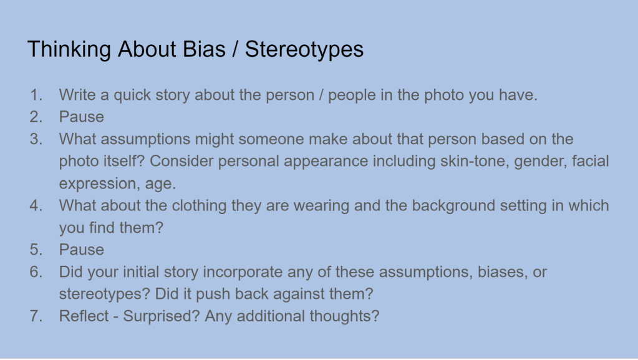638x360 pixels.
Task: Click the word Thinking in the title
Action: (x=69, y=50)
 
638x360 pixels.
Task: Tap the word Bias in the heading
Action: (x=204, y=49)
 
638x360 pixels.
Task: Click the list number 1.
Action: (x=36, y=95)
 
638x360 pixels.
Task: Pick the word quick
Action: (x=132, y=95)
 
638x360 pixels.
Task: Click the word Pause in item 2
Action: (x=81, y=117)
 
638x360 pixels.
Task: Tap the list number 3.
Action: (x=36, y=139)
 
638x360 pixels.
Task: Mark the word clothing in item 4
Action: (x=199, y=206)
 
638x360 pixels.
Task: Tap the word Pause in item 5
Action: (x=81, y=250)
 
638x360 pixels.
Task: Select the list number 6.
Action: (x=36, y=272)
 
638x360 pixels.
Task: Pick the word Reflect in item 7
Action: (x=84, y=316)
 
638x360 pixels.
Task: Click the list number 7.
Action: (x=36, y=316)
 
